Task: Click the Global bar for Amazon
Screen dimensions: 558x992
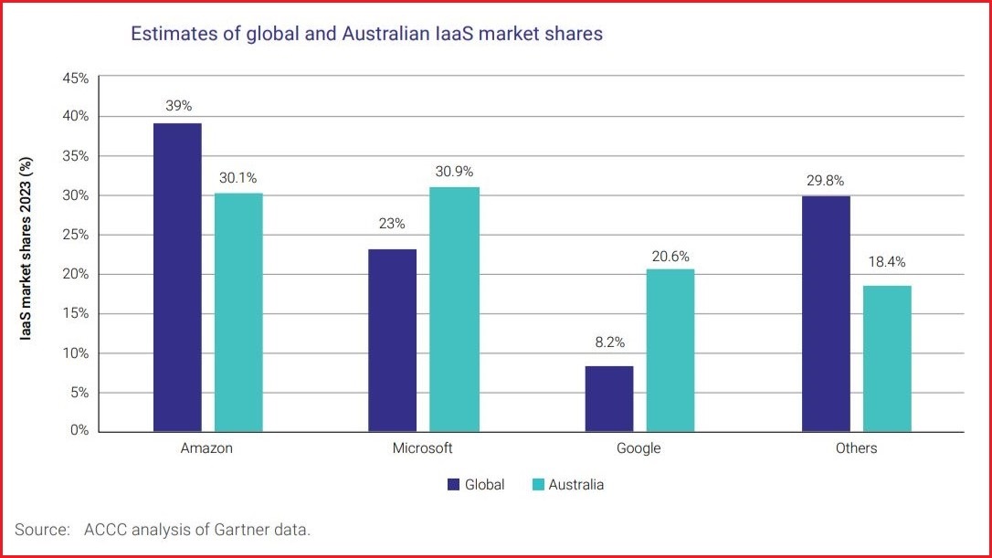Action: [x=177, y=278]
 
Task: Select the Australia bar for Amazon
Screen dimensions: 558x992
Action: [x=238, y=312]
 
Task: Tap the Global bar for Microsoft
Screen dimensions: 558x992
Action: [x=392, y=341]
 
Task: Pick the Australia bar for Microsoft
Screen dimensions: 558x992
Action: [x=454, y=310]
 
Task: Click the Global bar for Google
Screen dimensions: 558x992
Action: [x=608, y=399]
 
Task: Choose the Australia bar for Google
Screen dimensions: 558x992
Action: [x=670, y=350]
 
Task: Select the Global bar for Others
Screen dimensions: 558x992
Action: [x=826, y=314]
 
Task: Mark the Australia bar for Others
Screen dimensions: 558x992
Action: [x=887, y=359]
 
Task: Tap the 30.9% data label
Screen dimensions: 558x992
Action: [x=454, y=171]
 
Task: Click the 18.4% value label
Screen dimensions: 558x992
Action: [x=887, y=262]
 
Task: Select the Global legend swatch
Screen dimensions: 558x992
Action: [x=453, y=485]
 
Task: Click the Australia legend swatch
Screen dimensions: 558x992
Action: [x=537, y=485]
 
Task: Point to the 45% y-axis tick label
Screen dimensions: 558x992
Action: [x=75, y=78]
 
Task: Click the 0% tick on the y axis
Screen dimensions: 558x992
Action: [x=79, y=431]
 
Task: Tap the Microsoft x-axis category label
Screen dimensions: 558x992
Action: [x=422, y=448]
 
